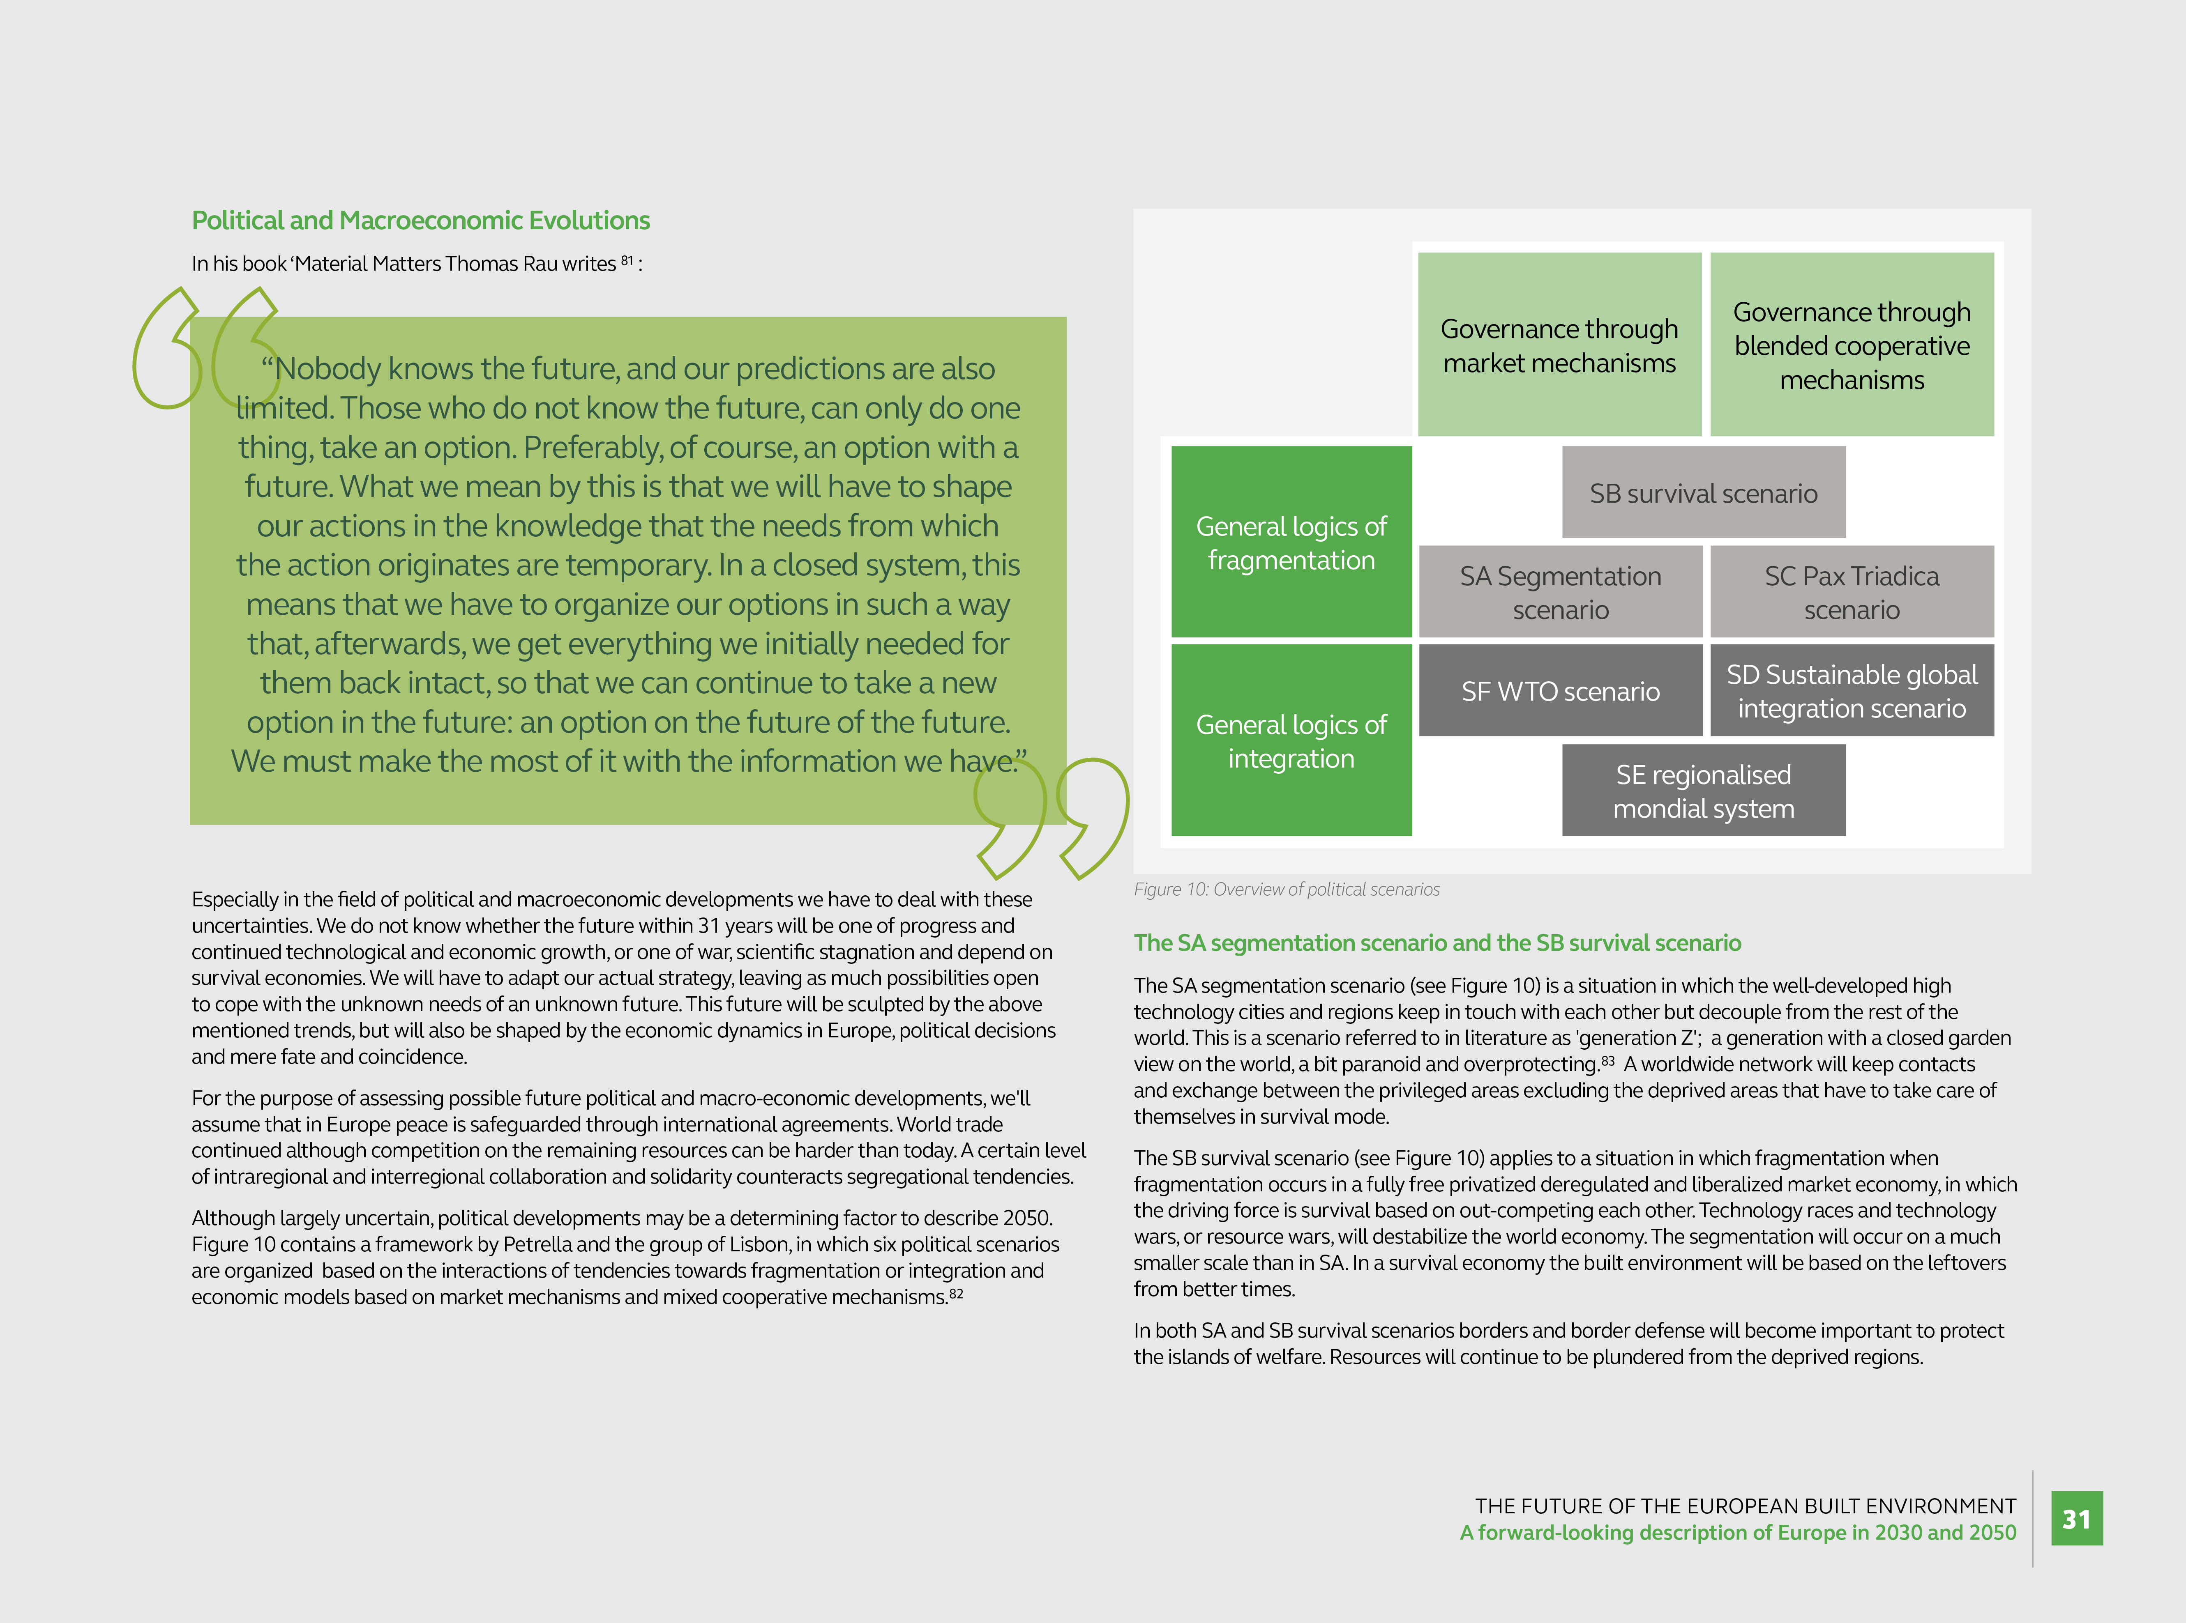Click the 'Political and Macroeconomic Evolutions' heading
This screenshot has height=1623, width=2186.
point(421,220)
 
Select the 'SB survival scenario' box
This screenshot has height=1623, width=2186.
point(1703,492)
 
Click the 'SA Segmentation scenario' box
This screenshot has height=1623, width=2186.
point(1560,593)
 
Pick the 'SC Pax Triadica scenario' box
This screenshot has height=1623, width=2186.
point(1852,593)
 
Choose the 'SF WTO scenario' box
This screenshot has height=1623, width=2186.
point(1560,691)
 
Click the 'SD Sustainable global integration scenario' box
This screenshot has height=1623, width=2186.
point(1852,691)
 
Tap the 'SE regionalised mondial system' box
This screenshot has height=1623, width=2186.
point(1703,791)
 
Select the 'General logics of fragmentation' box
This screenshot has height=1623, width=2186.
point(1291,543)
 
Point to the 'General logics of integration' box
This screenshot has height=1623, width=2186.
point(1291,741)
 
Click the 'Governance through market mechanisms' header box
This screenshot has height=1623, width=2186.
point(1559,345)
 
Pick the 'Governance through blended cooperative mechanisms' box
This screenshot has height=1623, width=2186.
point(1852,345)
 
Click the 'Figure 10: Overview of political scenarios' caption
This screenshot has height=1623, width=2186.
point(1287,889)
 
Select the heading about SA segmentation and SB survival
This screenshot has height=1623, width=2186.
point(1437,943)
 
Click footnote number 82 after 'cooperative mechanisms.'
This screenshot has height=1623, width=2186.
point(957,1293)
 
